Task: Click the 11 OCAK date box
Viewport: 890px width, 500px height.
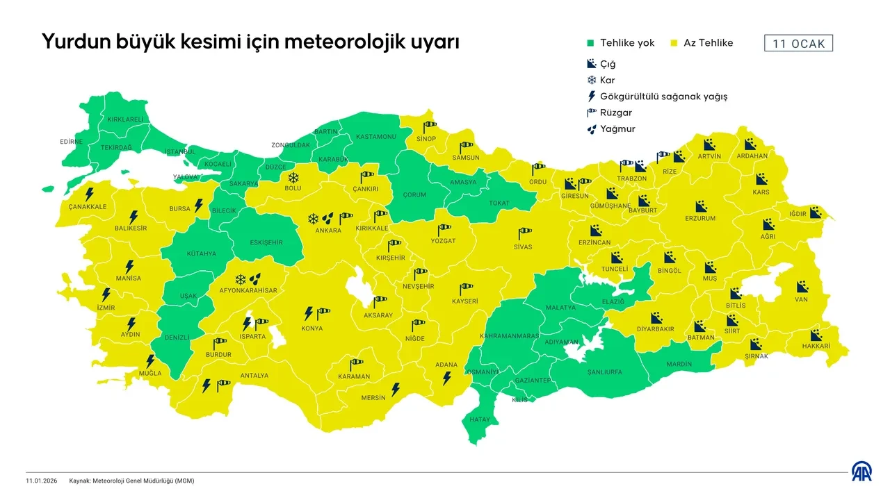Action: (x=798, y=43)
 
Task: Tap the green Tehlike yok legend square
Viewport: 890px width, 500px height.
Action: (x=590, y=43)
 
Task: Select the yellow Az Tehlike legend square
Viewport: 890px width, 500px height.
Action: (x=673, y=43)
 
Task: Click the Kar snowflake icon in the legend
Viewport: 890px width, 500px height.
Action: (x=591, y=80)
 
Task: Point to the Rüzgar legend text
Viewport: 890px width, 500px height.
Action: (x=615, y=112)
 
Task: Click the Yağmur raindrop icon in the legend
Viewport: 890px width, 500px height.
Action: (x=591, y=128)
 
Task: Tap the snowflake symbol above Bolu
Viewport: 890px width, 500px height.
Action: (x=293, y=177)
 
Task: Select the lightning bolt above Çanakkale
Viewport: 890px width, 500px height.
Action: (x=89, y=194)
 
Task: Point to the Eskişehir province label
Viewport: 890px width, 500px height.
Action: (x=266, y=242)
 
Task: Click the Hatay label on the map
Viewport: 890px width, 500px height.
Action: (x=480, y=419)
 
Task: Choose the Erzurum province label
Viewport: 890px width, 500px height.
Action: (x=699, y=218)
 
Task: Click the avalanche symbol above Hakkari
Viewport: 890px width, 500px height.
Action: (x=816, y=334)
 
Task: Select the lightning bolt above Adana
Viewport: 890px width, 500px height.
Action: (x=447, y=378)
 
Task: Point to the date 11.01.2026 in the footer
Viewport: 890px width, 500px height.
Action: (x=42, y=481)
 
